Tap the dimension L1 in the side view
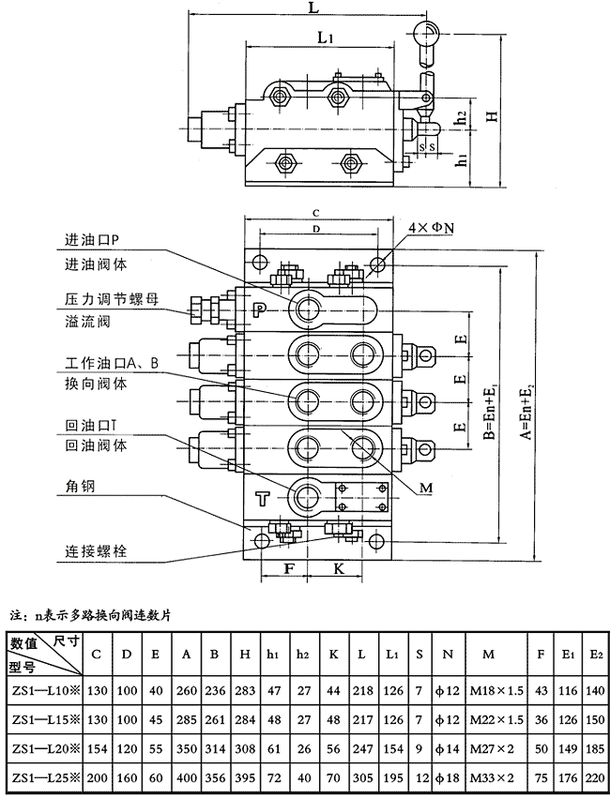coord(326,39)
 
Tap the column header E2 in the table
coord(593,654)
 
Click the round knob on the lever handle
coord(427,35)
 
